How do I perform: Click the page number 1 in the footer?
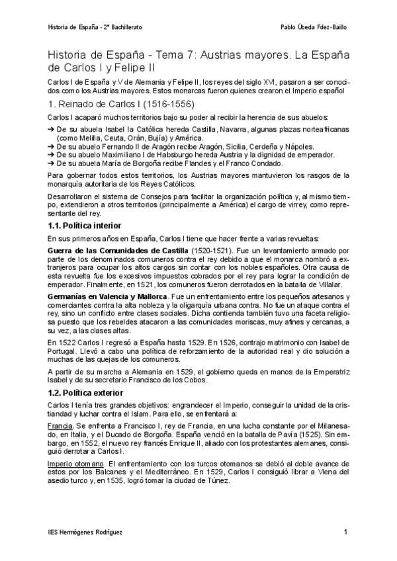click(x=345, y=533)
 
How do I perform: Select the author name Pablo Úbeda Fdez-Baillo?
click(x=313, y=28)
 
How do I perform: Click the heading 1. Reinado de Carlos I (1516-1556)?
click(x=123, y=104)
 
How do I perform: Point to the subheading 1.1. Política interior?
click(x=85, y=226)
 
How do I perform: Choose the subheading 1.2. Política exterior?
click(x=86, y=393)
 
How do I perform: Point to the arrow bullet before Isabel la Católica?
click(x=52, y=130)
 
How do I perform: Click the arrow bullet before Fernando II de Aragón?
click(x=52, y=146)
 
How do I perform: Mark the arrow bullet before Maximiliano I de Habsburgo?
click(x=52, y=155)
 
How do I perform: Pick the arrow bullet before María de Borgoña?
click(x=52, y=163)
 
